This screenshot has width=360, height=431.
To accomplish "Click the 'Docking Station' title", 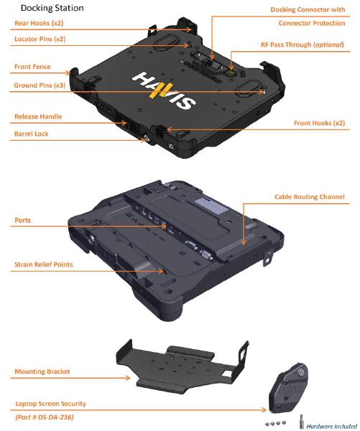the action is point(52,8).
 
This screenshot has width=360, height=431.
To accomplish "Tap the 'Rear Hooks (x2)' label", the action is point(39,23).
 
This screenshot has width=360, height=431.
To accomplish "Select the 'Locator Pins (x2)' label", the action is point(40,39).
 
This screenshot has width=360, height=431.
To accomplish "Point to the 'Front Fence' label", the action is point(32,67).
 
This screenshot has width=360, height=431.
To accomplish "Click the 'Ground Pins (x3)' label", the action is point(40,85).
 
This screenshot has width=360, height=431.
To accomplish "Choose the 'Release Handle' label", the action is point(38,116).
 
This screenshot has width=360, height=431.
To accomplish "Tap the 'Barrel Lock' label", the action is point(31,134).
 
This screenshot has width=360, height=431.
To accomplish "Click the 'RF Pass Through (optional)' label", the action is point(303,45).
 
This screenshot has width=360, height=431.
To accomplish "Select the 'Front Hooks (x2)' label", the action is point(319,123).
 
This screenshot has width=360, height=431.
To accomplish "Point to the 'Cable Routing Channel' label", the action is point(310,197).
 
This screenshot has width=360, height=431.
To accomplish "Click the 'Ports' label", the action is point(22,221).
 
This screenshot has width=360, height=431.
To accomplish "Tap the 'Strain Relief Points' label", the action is point(43,264).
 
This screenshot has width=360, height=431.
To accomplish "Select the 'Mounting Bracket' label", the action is point(42,371).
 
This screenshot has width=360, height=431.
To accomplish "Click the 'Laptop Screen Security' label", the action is point(50,404).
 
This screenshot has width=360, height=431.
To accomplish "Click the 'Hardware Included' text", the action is point(331,426).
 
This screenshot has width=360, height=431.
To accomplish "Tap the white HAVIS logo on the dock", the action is point(164,91).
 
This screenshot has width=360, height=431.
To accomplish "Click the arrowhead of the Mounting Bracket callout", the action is point(128,379).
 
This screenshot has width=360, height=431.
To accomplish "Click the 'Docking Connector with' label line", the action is point(308,9).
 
